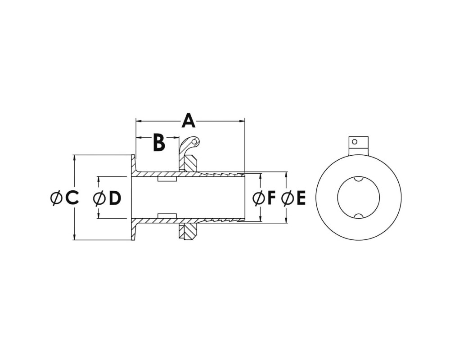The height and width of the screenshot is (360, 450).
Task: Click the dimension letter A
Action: [x=189, y=121]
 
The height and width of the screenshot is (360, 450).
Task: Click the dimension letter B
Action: [x=159, y=142]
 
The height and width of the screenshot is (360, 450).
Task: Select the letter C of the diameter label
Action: [x=72, y=198]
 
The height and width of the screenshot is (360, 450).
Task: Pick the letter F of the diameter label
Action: [x=271, y=198]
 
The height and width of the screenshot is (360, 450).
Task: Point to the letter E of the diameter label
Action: [x=301, y=198]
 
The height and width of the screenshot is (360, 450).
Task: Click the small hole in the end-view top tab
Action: [x=355, y=142]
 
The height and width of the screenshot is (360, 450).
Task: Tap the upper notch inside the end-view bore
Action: [x=358, y=179]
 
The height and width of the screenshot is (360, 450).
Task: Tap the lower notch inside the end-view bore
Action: [x=358, y=216]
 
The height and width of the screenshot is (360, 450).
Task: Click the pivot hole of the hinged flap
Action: [x=195, y=142]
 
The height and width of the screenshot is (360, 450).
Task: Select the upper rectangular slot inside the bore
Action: [x=167, y=179]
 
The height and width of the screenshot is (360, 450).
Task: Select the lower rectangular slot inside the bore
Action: [x=167, y=216]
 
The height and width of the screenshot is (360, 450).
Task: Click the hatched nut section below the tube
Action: [x=188, y=231]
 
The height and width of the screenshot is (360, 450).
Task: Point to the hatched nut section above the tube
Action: [x=189, y=163]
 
